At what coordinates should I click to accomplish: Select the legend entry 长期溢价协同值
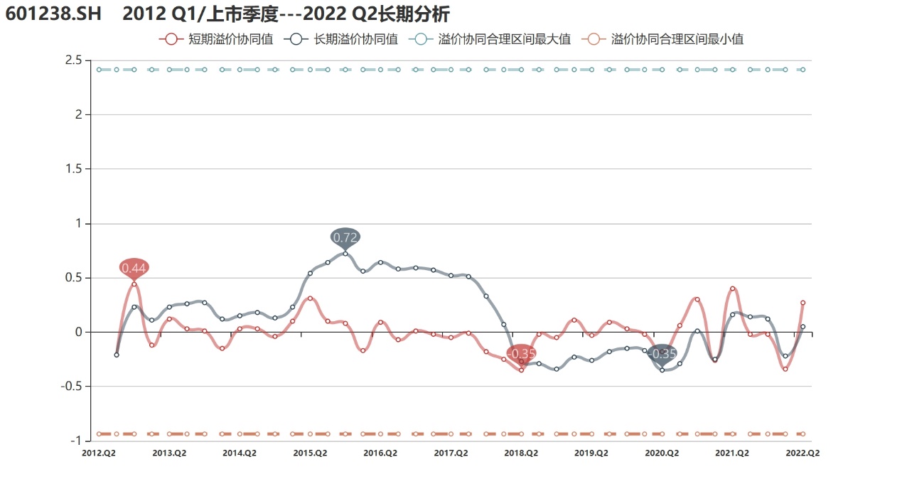point(343,40)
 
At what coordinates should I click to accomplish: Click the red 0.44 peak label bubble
point(134,268)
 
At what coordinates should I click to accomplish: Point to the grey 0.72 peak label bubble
point(345,237)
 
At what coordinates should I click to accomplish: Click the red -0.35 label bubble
point(521,353)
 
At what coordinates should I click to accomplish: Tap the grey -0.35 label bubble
point(662,353)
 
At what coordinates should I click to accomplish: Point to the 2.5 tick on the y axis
point(73,60)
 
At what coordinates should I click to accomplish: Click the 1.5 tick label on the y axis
point(73,169)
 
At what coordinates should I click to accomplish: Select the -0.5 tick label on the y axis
point(70,387)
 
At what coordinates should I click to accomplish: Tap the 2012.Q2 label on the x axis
point(99,453)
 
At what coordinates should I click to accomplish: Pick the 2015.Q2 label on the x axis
point(311,453)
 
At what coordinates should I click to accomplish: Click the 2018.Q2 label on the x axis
point(521,453)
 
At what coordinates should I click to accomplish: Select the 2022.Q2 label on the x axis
point(803,453)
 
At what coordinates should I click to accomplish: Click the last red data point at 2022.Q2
point(802,303)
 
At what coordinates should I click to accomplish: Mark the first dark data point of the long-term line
point(117,355)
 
